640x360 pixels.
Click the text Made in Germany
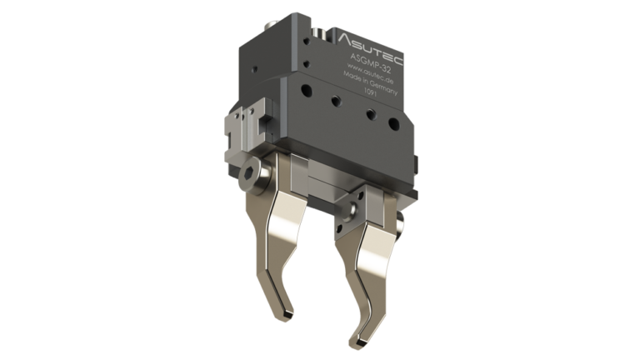coord(365,82)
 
